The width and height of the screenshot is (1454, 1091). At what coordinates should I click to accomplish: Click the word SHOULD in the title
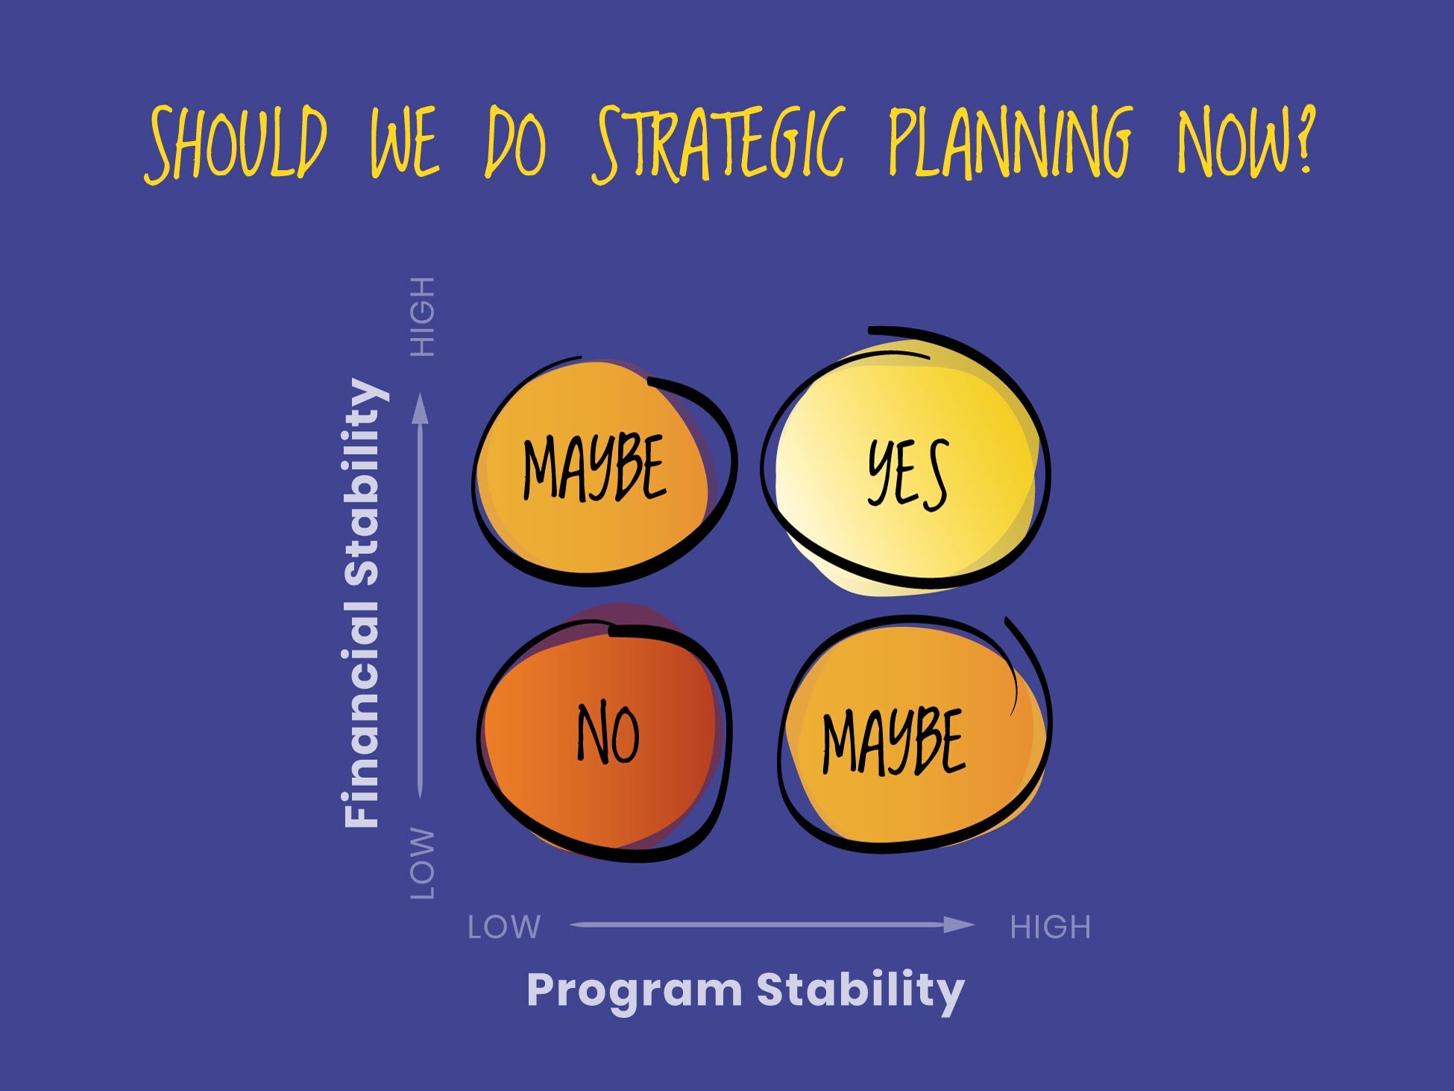tap(236, 143)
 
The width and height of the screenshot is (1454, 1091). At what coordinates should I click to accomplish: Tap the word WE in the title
tap(404, 143)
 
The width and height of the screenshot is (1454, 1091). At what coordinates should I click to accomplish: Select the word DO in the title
tap(516, 143)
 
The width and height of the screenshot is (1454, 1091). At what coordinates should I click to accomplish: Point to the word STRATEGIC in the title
tap(720, 143)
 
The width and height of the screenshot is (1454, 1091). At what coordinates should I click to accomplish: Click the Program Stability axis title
tap(746, 990)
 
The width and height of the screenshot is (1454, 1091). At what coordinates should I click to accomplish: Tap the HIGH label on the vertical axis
tap(423, 316)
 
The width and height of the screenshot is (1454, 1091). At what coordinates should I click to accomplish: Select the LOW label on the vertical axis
tap(423, 863)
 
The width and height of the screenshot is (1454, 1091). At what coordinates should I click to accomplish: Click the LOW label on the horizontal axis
tap(504, 927)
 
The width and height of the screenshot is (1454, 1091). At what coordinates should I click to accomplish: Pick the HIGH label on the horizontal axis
tap(1050, 927)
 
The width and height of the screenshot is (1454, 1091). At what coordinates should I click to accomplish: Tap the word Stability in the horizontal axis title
tap(860, 990)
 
